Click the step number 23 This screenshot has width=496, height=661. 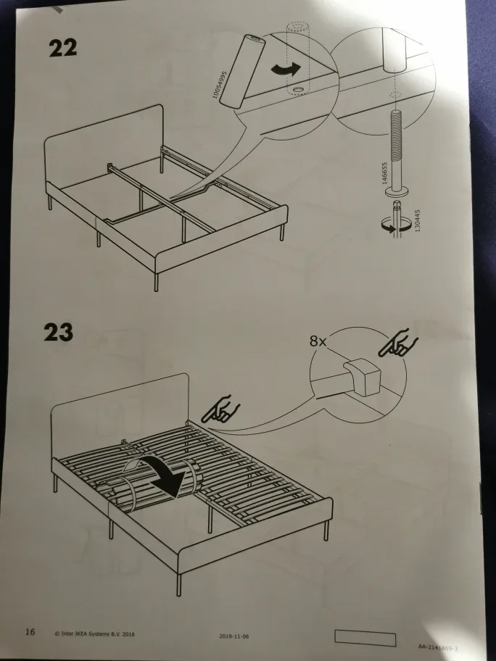click(x=59, y=332)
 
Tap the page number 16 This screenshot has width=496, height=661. click(x=30, y=632)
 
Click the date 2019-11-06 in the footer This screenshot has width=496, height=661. click(x=233, y=636)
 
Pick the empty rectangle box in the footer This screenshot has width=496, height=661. click(x=365, y=638)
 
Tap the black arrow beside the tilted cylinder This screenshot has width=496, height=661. click(x=284, y=70)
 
